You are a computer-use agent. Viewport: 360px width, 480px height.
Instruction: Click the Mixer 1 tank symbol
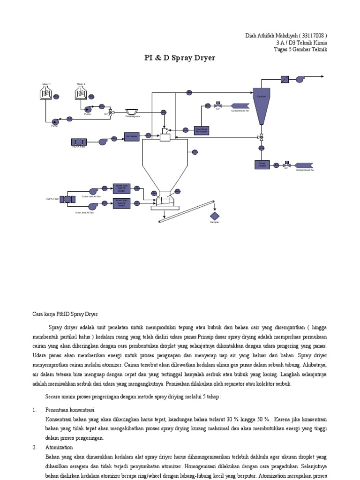point(46,93)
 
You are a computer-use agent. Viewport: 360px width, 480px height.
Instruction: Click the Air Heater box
point(132,136)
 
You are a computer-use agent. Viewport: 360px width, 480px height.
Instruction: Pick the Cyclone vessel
point(261,105)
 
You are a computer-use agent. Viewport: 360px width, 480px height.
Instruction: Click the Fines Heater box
point(262,165)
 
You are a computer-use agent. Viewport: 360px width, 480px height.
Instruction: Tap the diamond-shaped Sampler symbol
point(215,216)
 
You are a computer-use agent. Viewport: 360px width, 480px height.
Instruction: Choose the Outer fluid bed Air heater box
point(121,188)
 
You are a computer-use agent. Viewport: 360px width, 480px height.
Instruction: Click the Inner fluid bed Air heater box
point(121,203)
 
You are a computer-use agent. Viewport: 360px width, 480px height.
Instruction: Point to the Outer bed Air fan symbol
point(93,190)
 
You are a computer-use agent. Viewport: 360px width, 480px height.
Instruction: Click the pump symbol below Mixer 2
point(88,109)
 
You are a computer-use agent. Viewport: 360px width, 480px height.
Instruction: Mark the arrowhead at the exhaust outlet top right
point(322,76)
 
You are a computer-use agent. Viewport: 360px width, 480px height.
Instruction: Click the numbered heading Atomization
point(57,447)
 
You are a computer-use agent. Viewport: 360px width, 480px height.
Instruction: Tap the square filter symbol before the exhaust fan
point(285,80)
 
